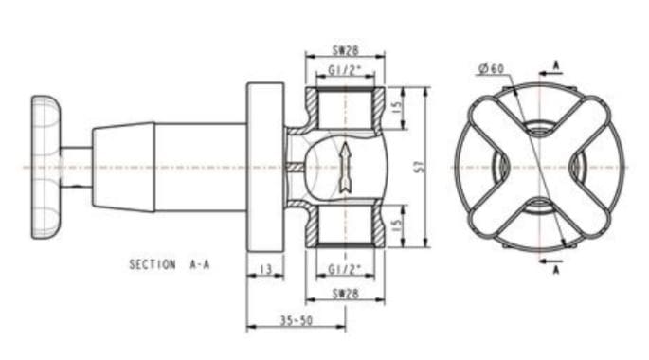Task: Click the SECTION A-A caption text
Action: click(x=170, y=264)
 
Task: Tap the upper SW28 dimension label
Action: click(x=346, y=50)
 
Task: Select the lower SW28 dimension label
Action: click(x=346, y=294)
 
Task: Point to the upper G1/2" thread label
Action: click(x=345, y=70)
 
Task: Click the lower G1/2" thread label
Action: click(x=345, y=270)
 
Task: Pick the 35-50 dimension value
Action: click(x=297, y=320)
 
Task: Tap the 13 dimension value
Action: click(x=265, y=270)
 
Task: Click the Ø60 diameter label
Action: click(x=492, y=69)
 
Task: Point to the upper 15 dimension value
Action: click(x=397, y=108)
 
